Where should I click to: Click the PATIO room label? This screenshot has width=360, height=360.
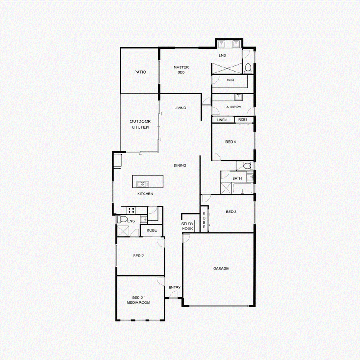pos(140,72)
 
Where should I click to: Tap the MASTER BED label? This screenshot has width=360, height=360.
pos(181,70)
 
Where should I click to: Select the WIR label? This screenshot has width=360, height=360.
pos(230,80)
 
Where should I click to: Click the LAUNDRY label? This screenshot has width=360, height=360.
pos(233,107)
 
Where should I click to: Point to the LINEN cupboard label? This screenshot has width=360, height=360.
pos(222,120)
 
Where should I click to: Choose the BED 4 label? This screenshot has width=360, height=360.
pos(230,142)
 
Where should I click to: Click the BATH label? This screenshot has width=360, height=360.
pos(237,178)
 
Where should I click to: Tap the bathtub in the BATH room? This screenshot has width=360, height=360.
pos(243,189)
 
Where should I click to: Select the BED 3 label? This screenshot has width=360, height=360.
pos(231,211)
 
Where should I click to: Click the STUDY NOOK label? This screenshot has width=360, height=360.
pos(187,226)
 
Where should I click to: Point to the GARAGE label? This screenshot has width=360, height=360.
pos(221,268)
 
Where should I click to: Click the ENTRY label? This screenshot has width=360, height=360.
pos(175,288)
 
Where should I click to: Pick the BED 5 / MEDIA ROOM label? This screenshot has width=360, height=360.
pos(139,300)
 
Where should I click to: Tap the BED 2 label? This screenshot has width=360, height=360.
pos(138,256)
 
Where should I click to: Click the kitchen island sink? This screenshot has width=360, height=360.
pos(143,184)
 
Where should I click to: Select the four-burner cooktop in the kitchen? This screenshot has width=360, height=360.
pos(131,210)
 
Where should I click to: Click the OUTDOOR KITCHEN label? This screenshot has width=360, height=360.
pos(140,124)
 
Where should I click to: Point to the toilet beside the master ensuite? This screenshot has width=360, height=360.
pos(248,69)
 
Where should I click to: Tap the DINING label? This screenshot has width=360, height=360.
pos(180,166)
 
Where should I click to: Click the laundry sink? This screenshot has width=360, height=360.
pos(238,97)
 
